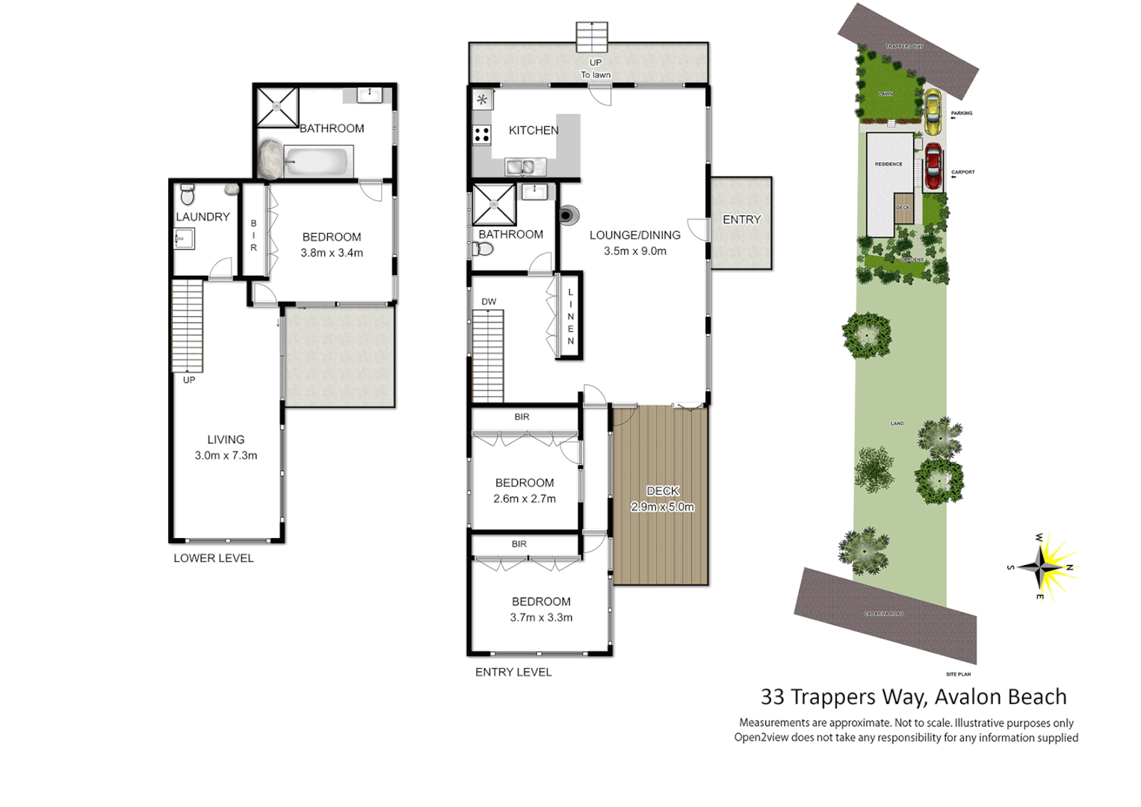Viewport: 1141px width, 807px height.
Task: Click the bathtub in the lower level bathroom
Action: [x=317, y=161]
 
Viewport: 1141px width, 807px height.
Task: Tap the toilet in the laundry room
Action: [x=188, y=194]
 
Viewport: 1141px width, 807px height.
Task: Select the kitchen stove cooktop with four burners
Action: [x=482, y=135]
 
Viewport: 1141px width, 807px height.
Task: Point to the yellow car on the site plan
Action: [x=932, y=111]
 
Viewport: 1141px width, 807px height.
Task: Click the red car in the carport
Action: [x=933, y=167]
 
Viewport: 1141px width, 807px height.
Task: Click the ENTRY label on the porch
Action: [x=741, y=220]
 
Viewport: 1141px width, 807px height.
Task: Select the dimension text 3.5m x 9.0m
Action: [x=634, y=251]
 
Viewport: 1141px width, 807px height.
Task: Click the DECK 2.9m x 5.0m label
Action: [x=662, y=498]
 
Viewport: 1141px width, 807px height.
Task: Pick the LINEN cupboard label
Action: [x=571, y=317]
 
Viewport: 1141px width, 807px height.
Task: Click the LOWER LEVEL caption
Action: [x=214, y=558]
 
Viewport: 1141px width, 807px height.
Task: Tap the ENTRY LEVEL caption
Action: [x=513, y=672]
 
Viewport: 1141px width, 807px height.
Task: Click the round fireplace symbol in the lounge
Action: [x=566, y=215]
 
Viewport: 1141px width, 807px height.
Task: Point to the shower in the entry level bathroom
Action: [x=494, y=204]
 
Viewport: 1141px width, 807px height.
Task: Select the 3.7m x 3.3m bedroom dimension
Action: [x=541, y=617]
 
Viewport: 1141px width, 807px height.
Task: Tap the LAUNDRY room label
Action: [x=202, y=217]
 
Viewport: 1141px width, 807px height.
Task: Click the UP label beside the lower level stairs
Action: [x=189, y=380]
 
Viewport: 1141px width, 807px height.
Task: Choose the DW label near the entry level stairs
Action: [x=489, y=302]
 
